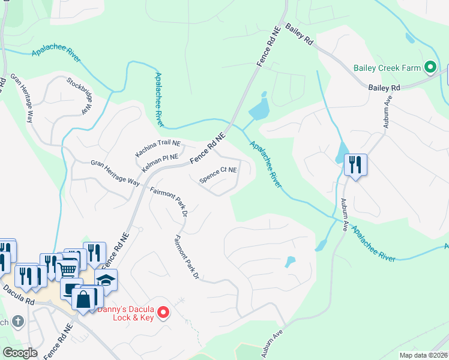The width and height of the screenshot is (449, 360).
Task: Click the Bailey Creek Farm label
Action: point(387,68)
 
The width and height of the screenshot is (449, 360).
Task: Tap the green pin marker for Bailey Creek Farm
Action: point(430,67)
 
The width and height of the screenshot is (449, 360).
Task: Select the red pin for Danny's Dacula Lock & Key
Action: point(161,312)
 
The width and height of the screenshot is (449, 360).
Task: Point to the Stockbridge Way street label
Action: point(79,96)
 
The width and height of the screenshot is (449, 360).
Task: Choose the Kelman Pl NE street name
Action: point(160,160)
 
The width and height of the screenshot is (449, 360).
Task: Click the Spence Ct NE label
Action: point(218,175)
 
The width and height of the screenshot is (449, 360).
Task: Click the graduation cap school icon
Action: point(105,280)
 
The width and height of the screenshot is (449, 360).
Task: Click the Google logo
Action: point(20,353)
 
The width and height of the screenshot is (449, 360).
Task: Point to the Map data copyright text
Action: point(424,355)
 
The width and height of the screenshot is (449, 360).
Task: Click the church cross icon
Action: point(17,322)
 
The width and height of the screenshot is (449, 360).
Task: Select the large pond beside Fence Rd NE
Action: point(259,109)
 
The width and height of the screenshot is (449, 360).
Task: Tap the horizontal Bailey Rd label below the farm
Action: point(384,88)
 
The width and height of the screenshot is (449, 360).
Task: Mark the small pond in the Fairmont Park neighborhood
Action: point(290,262)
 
